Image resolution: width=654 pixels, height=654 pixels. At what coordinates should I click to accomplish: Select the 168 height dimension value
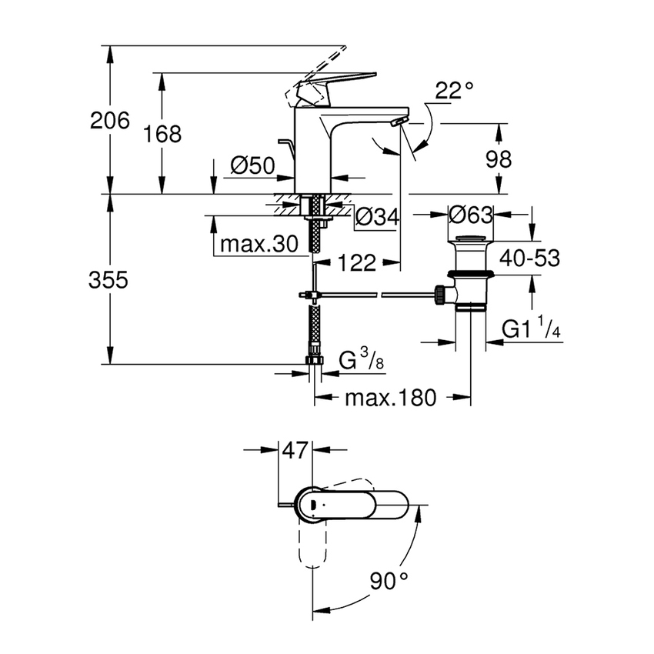pos(163,133)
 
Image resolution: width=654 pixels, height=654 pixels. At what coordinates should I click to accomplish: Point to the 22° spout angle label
pos(453,91)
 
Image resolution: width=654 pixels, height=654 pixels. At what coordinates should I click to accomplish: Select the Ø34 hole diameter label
pos(377,219)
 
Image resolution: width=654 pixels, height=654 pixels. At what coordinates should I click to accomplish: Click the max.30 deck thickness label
pos(259,245)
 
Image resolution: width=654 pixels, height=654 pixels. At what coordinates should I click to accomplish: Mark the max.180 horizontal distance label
pos(390,398)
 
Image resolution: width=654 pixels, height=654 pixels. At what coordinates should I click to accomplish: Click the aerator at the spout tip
pos(396,123)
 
